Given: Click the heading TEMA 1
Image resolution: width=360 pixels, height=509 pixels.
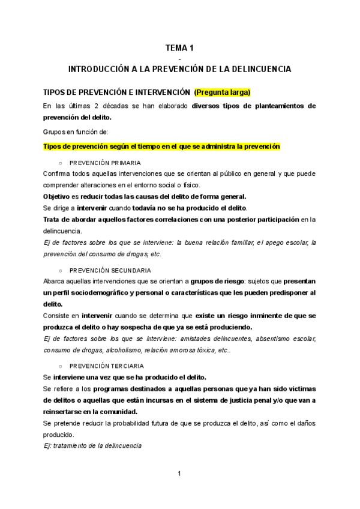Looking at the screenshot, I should pos(179,47).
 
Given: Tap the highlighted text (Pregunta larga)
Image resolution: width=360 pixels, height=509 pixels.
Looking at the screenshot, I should pos(221,92).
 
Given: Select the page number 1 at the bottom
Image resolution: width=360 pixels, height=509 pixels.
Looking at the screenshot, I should pos(179,474).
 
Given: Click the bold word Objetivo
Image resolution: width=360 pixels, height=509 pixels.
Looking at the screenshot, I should pos(56,196).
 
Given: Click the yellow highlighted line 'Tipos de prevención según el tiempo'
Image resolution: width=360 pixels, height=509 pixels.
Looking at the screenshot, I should pos(161,146).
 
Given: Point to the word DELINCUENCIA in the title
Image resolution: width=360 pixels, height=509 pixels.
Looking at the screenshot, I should pos(259,70).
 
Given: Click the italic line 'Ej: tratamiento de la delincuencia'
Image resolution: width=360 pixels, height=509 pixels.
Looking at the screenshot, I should pos(92,445).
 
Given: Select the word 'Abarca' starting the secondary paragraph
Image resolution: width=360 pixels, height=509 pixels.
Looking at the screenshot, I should pos(55,281).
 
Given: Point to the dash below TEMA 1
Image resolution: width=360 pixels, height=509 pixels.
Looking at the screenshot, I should pos(179,58).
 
